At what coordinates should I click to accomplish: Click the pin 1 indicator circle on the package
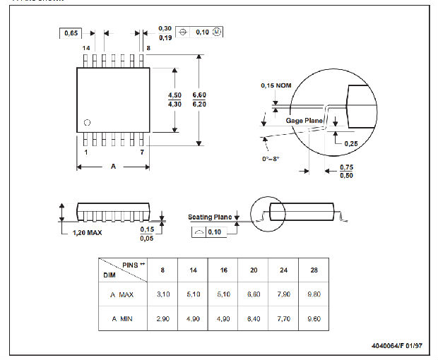(x=87, y=122)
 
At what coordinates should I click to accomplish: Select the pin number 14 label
(x=86, y=47)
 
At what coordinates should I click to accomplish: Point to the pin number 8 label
(x=148, y=47)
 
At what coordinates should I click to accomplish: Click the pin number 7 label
(x=142, y=152)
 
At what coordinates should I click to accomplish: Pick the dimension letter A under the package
(x=112, y=167)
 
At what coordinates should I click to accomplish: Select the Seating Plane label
(x=210, y=217)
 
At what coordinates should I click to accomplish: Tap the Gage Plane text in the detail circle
(x=304, y=121)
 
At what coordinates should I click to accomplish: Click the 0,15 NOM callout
(x=276, y=85)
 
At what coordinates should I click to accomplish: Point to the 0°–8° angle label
(x=268, y=158)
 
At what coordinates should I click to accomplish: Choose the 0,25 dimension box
(x=351, y=143)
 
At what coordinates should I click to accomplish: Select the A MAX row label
(x=121, y=294)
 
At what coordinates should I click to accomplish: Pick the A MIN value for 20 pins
(x=254, y=318)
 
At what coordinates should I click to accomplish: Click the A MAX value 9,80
(x=314, y=294)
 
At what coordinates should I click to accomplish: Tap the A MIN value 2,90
(x=162, y=318)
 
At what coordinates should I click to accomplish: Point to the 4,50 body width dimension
(x=174, y=95)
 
